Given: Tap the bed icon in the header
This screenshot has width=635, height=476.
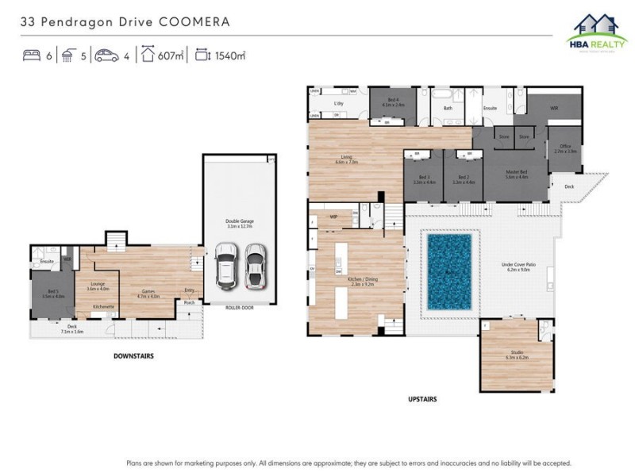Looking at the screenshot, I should tap(31, 56).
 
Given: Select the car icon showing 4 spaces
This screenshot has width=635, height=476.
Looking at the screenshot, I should tap(106, 56).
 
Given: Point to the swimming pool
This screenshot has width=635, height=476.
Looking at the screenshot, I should tap(449, 271).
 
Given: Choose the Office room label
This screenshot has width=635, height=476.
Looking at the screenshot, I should tap(565, 148).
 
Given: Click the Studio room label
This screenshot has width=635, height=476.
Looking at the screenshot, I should tap(517, 355).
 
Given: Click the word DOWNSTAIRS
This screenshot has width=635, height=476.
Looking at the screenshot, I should tap(133, 356).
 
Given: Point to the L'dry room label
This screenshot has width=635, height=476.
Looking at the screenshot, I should tap(338, 103).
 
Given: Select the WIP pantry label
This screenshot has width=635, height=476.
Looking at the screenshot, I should tap(334, 215).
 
